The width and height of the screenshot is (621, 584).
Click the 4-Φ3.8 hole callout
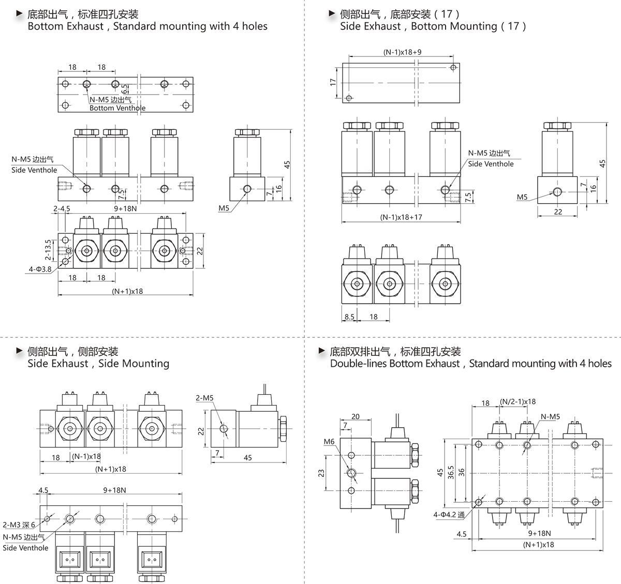(40, 269)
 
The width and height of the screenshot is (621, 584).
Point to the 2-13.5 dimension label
(48, 250)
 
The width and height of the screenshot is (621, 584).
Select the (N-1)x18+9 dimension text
(402, 52)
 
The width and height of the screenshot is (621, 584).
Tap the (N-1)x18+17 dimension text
(401, 217)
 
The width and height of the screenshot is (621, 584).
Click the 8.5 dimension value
(349, 317)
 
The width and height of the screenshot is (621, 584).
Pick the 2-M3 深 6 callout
(19, 525)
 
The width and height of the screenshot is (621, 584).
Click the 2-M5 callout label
(204, 398)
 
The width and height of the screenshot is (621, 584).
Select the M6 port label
(329, 441)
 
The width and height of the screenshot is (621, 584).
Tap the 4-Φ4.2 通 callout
(449, 514)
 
